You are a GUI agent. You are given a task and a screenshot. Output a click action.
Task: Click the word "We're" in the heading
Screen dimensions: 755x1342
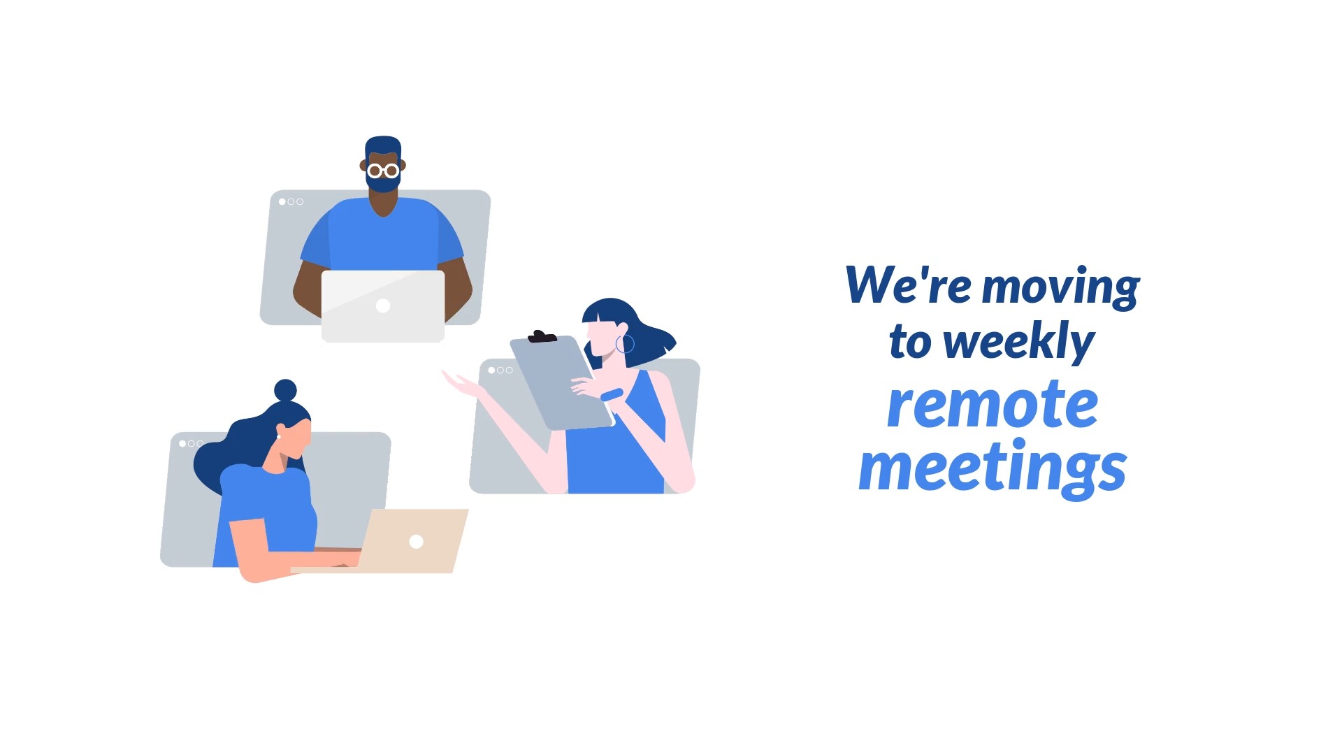pos(907,285)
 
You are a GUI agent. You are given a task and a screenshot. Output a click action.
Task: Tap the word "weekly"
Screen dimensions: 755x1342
pos(1018,343)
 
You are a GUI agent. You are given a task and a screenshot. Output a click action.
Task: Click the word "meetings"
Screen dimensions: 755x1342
pos(992,467)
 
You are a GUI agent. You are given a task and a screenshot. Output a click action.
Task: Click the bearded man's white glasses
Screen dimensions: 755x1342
pos(383,170)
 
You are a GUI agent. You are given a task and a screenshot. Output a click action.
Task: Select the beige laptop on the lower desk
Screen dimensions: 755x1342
pos(415,541)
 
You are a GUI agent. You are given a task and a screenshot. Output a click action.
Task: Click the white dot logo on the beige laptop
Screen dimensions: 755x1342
pos(417,542)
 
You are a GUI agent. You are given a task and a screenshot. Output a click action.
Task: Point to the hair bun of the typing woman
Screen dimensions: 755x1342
pos(285,390)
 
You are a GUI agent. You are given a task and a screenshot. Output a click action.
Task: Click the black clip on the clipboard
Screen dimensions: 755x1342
pos(541,337)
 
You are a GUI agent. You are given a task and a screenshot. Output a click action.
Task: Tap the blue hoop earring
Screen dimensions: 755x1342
pos(625,344)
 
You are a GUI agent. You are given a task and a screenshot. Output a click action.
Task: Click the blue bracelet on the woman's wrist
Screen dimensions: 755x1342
pos(612,395)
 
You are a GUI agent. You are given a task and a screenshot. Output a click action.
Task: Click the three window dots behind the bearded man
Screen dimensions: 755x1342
pos(291,202)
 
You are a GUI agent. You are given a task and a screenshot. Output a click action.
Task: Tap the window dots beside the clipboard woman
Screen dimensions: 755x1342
pos(500,371)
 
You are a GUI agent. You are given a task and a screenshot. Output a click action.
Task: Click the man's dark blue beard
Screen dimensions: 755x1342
pos(383,184)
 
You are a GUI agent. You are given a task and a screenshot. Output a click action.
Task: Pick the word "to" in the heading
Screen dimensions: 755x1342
pos(910,343)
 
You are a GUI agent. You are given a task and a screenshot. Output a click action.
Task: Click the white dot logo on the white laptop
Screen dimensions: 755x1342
pos(383,305)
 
